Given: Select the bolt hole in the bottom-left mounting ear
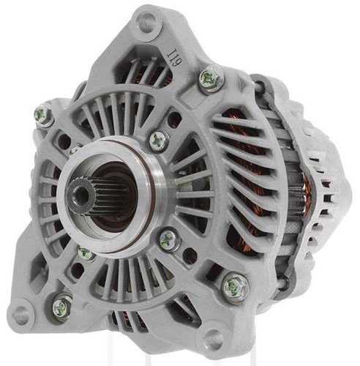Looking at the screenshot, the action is pos(20,315).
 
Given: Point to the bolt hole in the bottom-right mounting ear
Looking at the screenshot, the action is pos(213,338).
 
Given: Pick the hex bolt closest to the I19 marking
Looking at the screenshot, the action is pos(211,78).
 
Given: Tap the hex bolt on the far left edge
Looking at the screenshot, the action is pos(44,116).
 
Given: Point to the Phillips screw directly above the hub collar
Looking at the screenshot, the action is pos(159,141).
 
